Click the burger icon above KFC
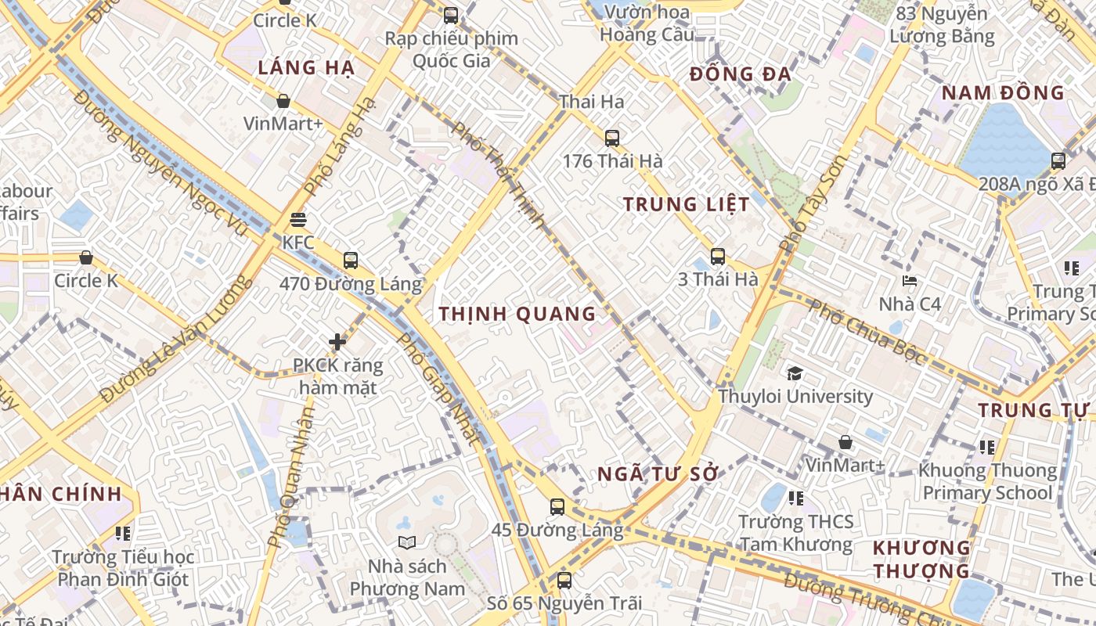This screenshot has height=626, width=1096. pos(297,220)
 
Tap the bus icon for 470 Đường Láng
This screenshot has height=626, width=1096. pos(350,261)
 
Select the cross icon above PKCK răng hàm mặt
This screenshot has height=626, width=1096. pos(337,342)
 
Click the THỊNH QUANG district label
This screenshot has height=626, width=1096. pos(517,315)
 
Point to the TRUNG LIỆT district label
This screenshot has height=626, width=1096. pos(687,205)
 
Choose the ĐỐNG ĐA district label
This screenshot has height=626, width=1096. pos(741,75)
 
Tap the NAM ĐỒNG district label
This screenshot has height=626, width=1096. pos(1003,93)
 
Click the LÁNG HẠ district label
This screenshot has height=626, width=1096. pos(306,68)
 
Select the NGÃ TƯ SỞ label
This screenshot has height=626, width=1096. pos(658,474)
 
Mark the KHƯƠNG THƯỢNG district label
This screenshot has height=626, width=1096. pos(921,559)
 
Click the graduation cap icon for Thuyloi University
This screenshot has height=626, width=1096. pos(795,373)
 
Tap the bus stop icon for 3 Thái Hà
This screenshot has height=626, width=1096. pos(718,256)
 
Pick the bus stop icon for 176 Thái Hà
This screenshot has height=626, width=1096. pos(612,139)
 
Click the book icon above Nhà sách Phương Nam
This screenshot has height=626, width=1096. pos(406,542)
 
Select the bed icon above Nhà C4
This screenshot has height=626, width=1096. pos(910,280)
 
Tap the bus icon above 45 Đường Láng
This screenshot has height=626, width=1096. pos(557,507)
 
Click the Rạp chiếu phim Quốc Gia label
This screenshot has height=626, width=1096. pos(451,49)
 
